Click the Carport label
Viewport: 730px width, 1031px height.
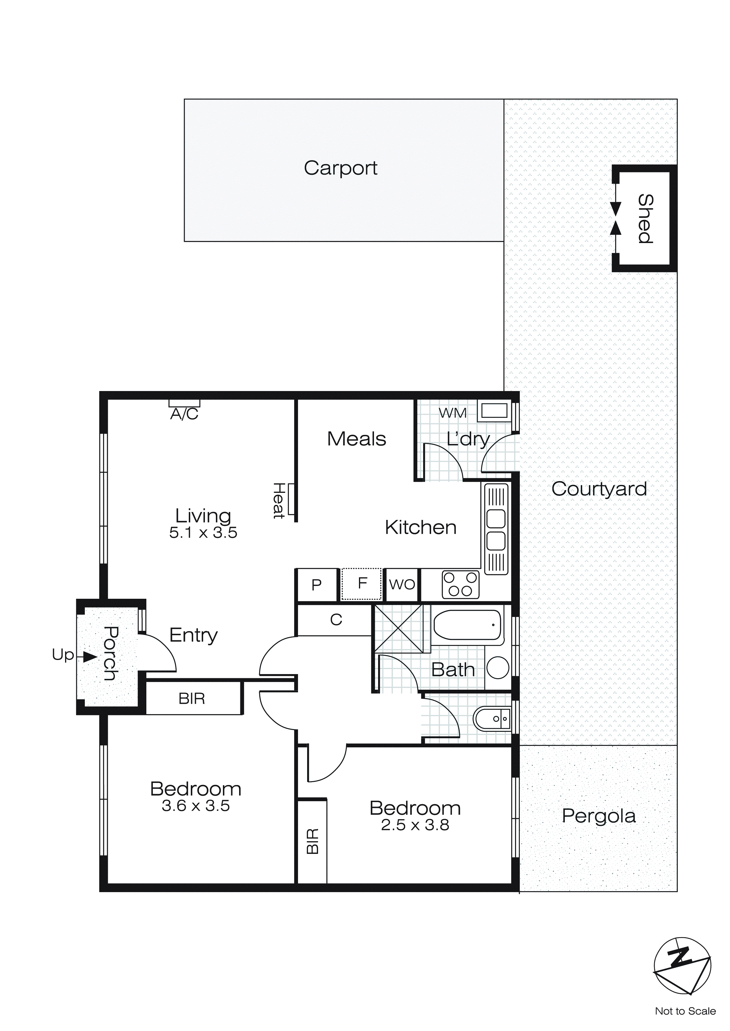(x=340, y=168)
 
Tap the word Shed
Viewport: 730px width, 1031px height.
(x=645, y=219)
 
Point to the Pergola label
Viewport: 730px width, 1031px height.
(x=598, y=816)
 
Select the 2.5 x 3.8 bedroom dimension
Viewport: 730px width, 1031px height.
(x=415, y=825)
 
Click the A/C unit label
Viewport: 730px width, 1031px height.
(x=184, y=414)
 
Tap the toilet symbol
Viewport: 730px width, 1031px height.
(x=492, y=719)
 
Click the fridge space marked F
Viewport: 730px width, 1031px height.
(x=362, y=584)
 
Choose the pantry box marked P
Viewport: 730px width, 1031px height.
(x=317, y=585)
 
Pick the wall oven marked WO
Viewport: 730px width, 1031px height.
(x=402, y=585)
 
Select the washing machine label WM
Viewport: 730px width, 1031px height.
(x=453, y=413)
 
